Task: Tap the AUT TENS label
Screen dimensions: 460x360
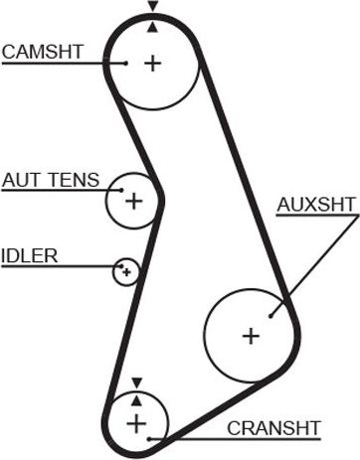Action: tap(51, 180)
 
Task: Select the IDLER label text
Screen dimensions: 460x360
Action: tap(30, 255)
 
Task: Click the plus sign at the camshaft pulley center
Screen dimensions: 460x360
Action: tap(152, 64)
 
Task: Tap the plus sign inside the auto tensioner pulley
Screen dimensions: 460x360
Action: tap(133, 201)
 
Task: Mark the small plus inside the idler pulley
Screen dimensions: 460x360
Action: tap(126, 271)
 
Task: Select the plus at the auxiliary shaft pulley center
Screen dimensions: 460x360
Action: tap(250, 336)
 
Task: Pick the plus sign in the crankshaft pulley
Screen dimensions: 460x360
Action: tap(136, 424)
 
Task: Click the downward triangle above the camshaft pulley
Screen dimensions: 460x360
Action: tap(151, 7)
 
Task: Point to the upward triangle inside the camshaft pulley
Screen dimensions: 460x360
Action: tap(151, 27)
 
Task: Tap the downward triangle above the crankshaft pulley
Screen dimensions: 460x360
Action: tap(136, 381)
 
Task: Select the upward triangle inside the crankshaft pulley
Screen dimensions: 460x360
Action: tap(136, 399)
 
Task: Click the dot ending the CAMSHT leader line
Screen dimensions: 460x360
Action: tap(126, 63)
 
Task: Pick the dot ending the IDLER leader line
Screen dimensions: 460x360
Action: tap(121, 265)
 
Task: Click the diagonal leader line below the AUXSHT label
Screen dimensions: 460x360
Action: tap(313, 259)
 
